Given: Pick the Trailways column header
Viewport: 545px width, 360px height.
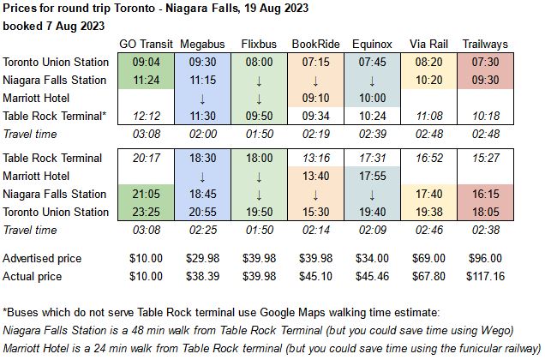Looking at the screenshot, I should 485,44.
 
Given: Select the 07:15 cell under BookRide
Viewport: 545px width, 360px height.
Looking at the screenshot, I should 316,62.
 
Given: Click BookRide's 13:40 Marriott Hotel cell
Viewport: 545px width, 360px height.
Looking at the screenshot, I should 316,176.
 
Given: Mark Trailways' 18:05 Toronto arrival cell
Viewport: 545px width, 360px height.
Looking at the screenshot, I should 485,212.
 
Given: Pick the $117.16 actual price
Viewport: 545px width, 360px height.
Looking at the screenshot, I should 485,276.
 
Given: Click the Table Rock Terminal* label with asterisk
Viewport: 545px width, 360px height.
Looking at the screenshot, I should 56,116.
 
